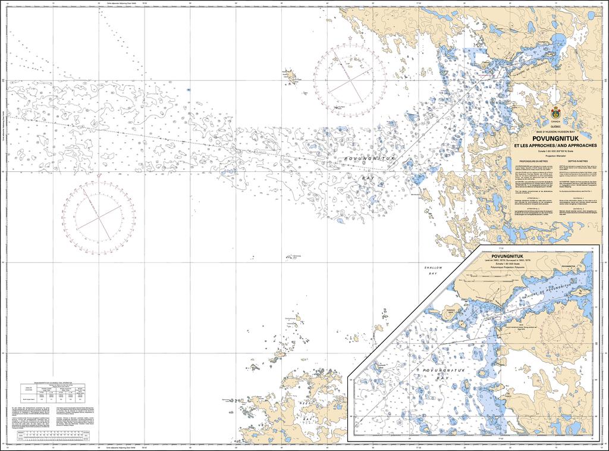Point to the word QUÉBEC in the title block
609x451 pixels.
tap(556, 127)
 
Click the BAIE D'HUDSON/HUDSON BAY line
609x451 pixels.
tap(556, 131)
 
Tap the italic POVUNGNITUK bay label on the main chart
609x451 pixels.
tap(369, 159)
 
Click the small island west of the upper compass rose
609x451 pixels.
tap(291, 75)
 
